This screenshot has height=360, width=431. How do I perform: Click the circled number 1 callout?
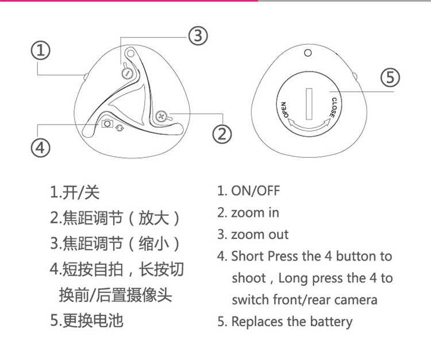pos(40,51)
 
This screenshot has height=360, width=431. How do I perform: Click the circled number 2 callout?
pos(222,134)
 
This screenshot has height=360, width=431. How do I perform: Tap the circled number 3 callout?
pos(197,36)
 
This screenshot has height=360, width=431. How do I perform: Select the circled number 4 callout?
pos(40,148)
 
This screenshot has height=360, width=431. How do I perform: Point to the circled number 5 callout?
pos(390,77)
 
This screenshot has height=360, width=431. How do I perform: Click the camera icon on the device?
pos(107,123)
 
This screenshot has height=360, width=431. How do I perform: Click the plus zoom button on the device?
pos(161,115)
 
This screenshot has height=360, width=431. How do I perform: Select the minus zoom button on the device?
pos(128,73)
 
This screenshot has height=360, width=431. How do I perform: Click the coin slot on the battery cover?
pos(309,101)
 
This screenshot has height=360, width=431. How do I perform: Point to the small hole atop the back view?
pos(309,53)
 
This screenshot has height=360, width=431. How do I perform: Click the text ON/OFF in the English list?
pos(255,191)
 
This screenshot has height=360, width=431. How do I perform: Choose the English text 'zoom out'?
pos(259,234)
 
